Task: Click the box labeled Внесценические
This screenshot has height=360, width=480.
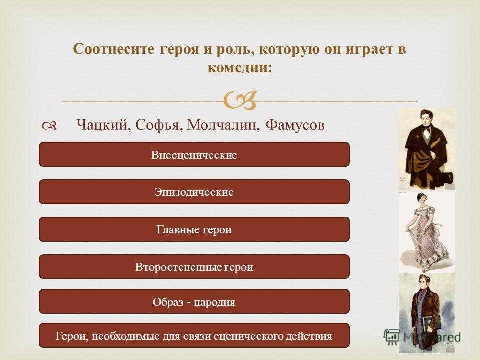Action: tap(194, 154)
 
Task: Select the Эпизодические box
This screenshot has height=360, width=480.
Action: tap(194, 192)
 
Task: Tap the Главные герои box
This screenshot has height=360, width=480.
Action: tap(194, 229)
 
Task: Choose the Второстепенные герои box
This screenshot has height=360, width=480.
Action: tap(194, 267)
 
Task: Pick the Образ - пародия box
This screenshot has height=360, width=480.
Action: tap(194, 302)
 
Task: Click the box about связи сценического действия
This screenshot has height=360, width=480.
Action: tap(194, 336)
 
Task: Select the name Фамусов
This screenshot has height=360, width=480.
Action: tap(295, 125)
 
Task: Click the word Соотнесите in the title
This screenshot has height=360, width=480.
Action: tap(114, 49)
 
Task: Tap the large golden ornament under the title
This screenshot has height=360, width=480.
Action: tap(240, 100)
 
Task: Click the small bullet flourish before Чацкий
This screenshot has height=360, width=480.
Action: tap(49, 126)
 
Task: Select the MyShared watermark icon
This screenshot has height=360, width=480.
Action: tap(392, 337)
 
